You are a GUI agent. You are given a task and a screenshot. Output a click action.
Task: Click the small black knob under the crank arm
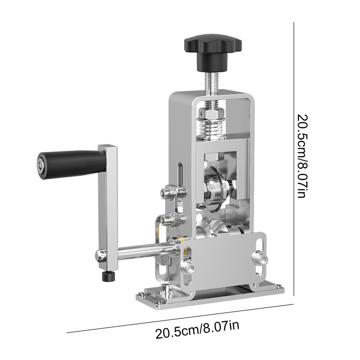pos(107,277)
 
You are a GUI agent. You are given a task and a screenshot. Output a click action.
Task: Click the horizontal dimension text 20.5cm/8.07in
pos(197,329)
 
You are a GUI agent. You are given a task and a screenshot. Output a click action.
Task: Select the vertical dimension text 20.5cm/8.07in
pos(303,155)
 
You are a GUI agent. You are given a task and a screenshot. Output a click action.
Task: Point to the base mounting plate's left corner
pos(139,297)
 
